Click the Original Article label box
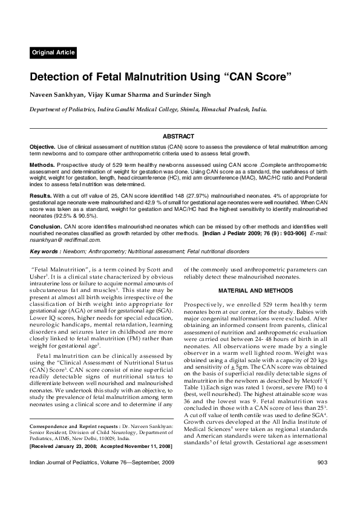tap(53, 53)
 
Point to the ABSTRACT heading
tap(178, 137)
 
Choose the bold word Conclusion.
tap(46, 224)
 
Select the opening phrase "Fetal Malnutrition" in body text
tap(56, 268)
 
